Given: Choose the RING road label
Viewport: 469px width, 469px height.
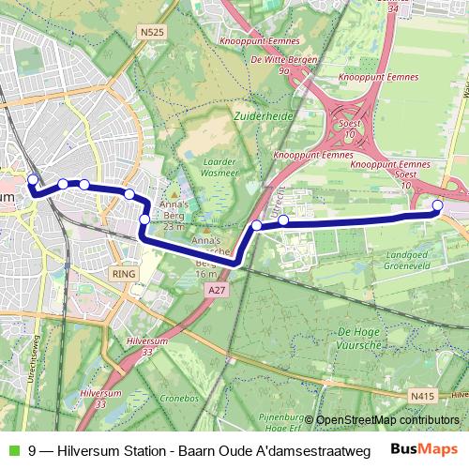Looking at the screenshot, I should click(x=124, y=274).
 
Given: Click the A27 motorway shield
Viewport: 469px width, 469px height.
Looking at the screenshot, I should click(x=217, y=291).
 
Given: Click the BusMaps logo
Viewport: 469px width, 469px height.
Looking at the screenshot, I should click(x=425, y=448).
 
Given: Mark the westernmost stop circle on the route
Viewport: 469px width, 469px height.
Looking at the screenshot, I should click(x=33, y=180).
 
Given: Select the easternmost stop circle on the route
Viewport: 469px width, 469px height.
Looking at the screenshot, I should click(x=437, y=205).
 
